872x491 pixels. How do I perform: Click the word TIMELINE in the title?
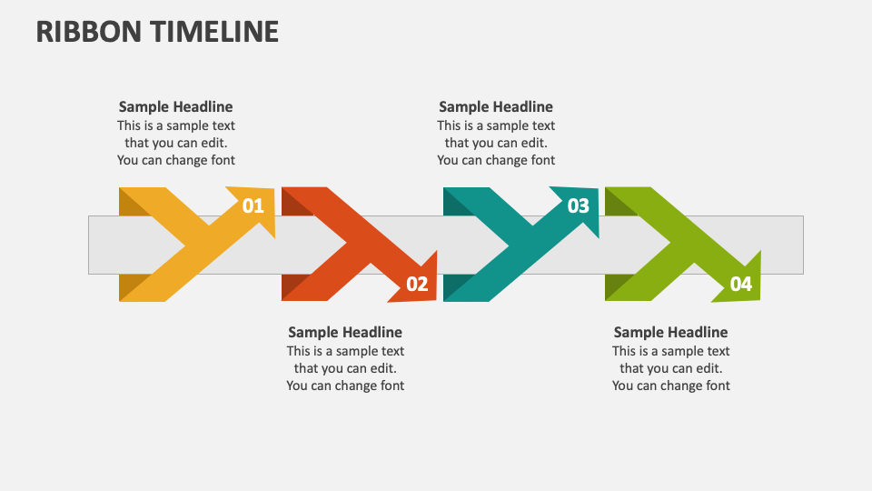point(215,31)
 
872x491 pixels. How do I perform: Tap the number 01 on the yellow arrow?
point(253,206)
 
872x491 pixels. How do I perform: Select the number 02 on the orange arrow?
point(417,285)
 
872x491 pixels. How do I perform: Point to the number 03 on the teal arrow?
point(578,206)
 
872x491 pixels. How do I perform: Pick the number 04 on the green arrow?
point(741,285)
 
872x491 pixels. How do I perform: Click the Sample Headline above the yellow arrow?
point(175,106)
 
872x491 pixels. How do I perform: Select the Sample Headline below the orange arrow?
point(345,332)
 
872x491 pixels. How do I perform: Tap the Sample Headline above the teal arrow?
point(495,106)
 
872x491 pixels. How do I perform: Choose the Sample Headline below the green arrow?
point(670,332)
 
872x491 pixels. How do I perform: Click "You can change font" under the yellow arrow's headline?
point(175,160)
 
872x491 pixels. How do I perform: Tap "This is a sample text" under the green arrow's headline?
point(670,351)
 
